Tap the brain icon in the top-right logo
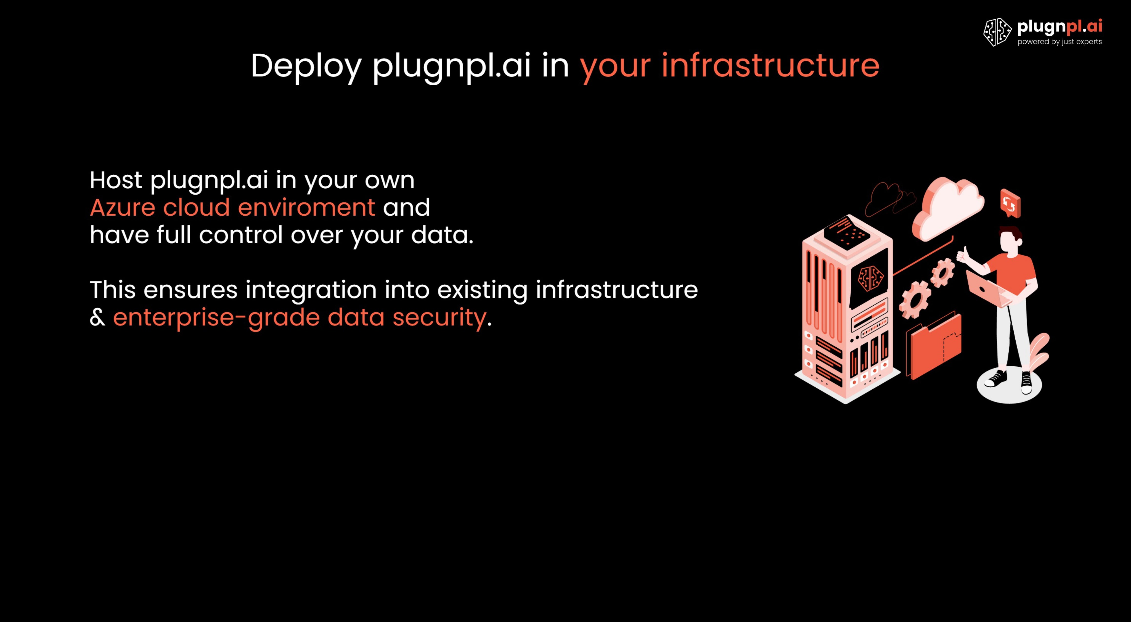click(x=997, y=32)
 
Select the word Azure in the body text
click(x=122, y=208)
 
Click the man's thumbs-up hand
click(x=963, y=255)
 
